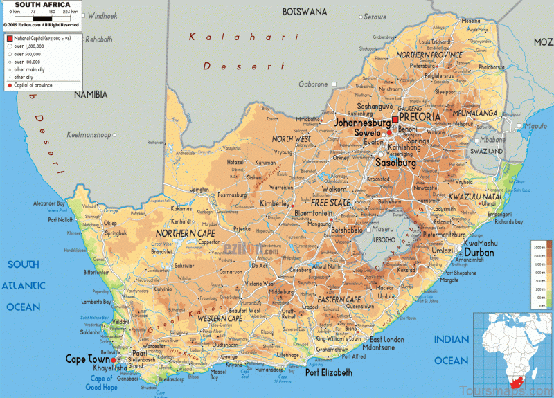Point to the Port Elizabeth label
point(329,372)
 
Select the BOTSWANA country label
point(304,12)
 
